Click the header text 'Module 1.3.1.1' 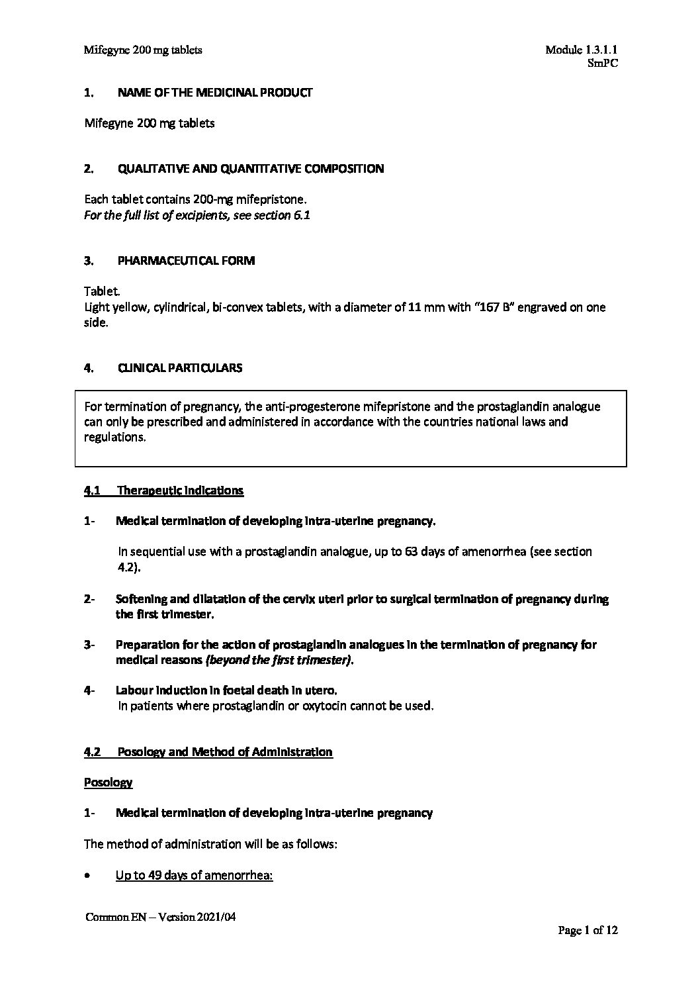pyautogui.click(x=582, y=50)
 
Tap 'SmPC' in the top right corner pyautogui.click(x=602, y=64)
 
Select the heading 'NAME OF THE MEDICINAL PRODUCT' pyautogui.click(x=214, y=93)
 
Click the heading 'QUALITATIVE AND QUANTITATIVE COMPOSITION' pyautogui.click(x=250, y=169)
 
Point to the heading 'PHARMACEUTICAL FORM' pyautogui.click(x=186, y=261)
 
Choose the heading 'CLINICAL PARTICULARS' pyautogui.click(x=179, y=368)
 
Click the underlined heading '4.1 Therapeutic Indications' pyautogui.click(x=163, y=491)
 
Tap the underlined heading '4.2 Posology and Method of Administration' pyautogui.click(x=208, y=752)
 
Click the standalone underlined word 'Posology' pyautogui.click(x=108, y=782)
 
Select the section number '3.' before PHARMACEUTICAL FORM pyautogui.click(x=89, y=261)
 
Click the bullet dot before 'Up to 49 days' pyautogui.click(x=88, y=876)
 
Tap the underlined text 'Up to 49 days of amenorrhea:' pyautogui.click(x=195, y=876)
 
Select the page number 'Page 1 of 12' pyautogui.click(x=588, y=931)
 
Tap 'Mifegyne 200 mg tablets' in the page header pyautogui.click(x=143, y=50)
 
